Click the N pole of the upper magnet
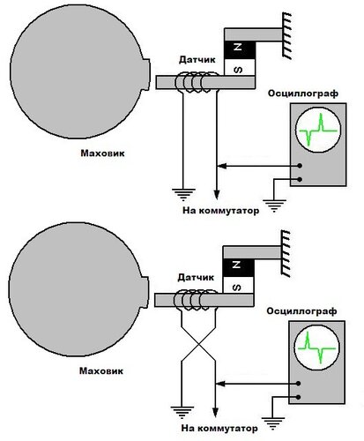[240, 50]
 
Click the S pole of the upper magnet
[240, 67]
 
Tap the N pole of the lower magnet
[238, 267]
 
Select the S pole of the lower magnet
[238, 285]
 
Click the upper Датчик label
[197, 60]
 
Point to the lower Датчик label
[196, 277]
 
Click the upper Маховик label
[102, 153]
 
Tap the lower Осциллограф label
[301, 311]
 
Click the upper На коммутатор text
[221, 211]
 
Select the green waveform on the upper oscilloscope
[318, 130]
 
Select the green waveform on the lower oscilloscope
[316, 348]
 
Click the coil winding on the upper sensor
[197, 83]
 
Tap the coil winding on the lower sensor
[196, 301]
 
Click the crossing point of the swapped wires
[199, 343]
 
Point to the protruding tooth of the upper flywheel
[146, 74]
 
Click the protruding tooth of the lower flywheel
[145, 292]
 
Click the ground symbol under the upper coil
[183, 195]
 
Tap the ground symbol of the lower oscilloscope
[273, 423]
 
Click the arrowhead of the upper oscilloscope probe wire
[222, 166]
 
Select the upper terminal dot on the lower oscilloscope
[298, 384]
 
